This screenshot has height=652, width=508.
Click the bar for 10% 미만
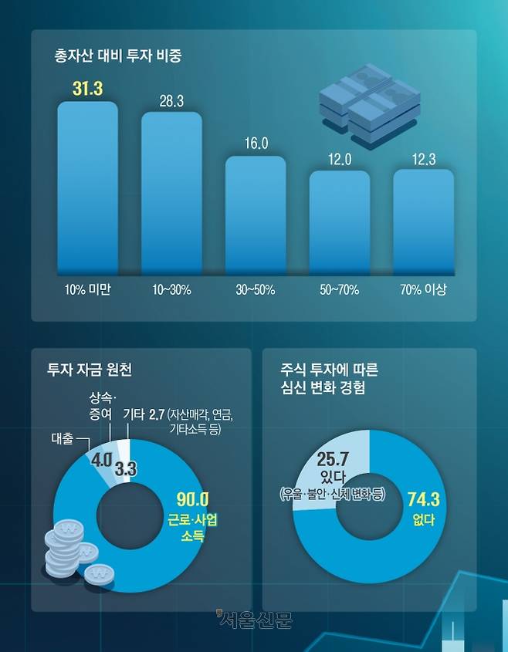coord(87,189)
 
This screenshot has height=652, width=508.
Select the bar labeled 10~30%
coord(171,194)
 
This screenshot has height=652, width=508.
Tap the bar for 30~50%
coord(256,216)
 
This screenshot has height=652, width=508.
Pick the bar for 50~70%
coord(340,224)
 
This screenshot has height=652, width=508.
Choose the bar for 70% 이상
coord(424,223)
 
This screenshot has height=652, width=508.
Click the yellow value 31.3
coord(87,89)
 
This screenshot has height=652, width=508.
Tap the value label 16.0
coord(256,144)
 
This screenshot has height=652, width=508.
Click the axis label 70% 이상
coord(424,291)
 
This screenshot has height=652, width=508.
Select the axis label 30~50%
coord(256,291)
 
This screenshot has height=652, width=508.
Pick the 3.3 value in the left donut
coord(125,468)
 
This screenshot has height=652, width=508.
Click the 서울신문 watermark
coord(254,619)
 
